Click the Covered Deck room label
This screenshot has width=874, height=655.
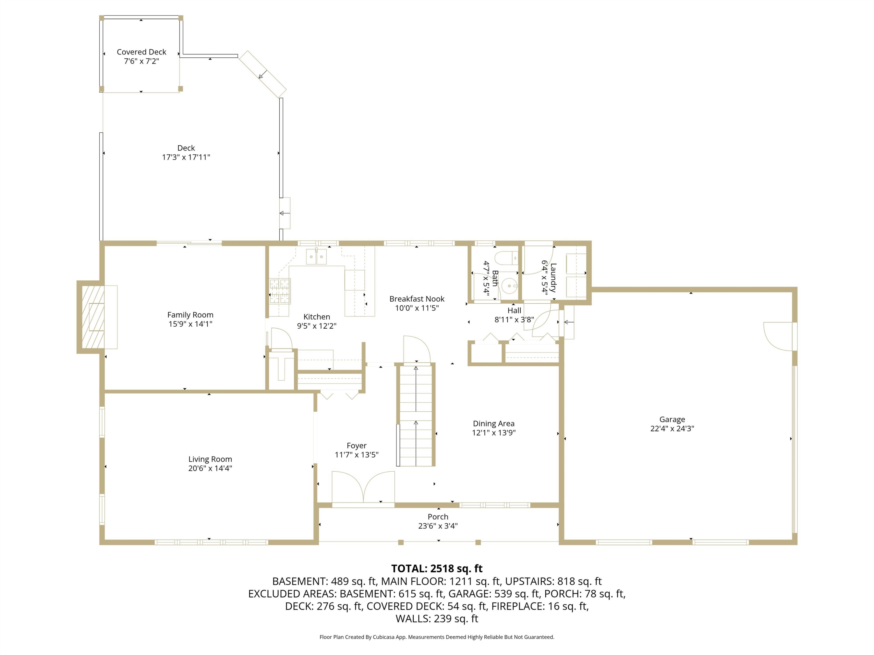142,52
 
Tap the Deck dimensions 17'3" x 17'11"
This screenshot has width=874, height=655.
186,157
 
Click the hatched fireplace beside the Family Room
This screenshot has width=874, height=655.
93,317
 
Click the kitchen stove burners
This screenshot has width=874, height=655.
280,291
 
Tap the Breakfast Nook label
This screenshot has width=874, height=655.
417,299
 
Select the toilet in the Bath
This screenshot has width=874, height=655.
506,258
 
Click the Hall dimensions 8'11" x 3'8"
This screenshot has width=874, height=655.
514,319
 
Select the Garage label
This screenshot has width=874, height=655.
672,419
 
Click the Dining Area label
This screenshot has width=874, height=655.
494,423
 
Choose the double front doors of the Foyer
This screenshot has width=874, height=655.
363,488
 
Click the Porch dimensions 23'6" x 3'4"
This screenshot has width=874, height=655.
438,526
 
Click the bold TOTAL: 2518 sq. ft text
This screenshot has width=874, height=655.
437,569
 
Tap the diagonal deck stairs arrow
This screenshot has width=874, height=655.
263,74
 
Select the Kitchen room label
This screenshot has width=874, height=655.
316,317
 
